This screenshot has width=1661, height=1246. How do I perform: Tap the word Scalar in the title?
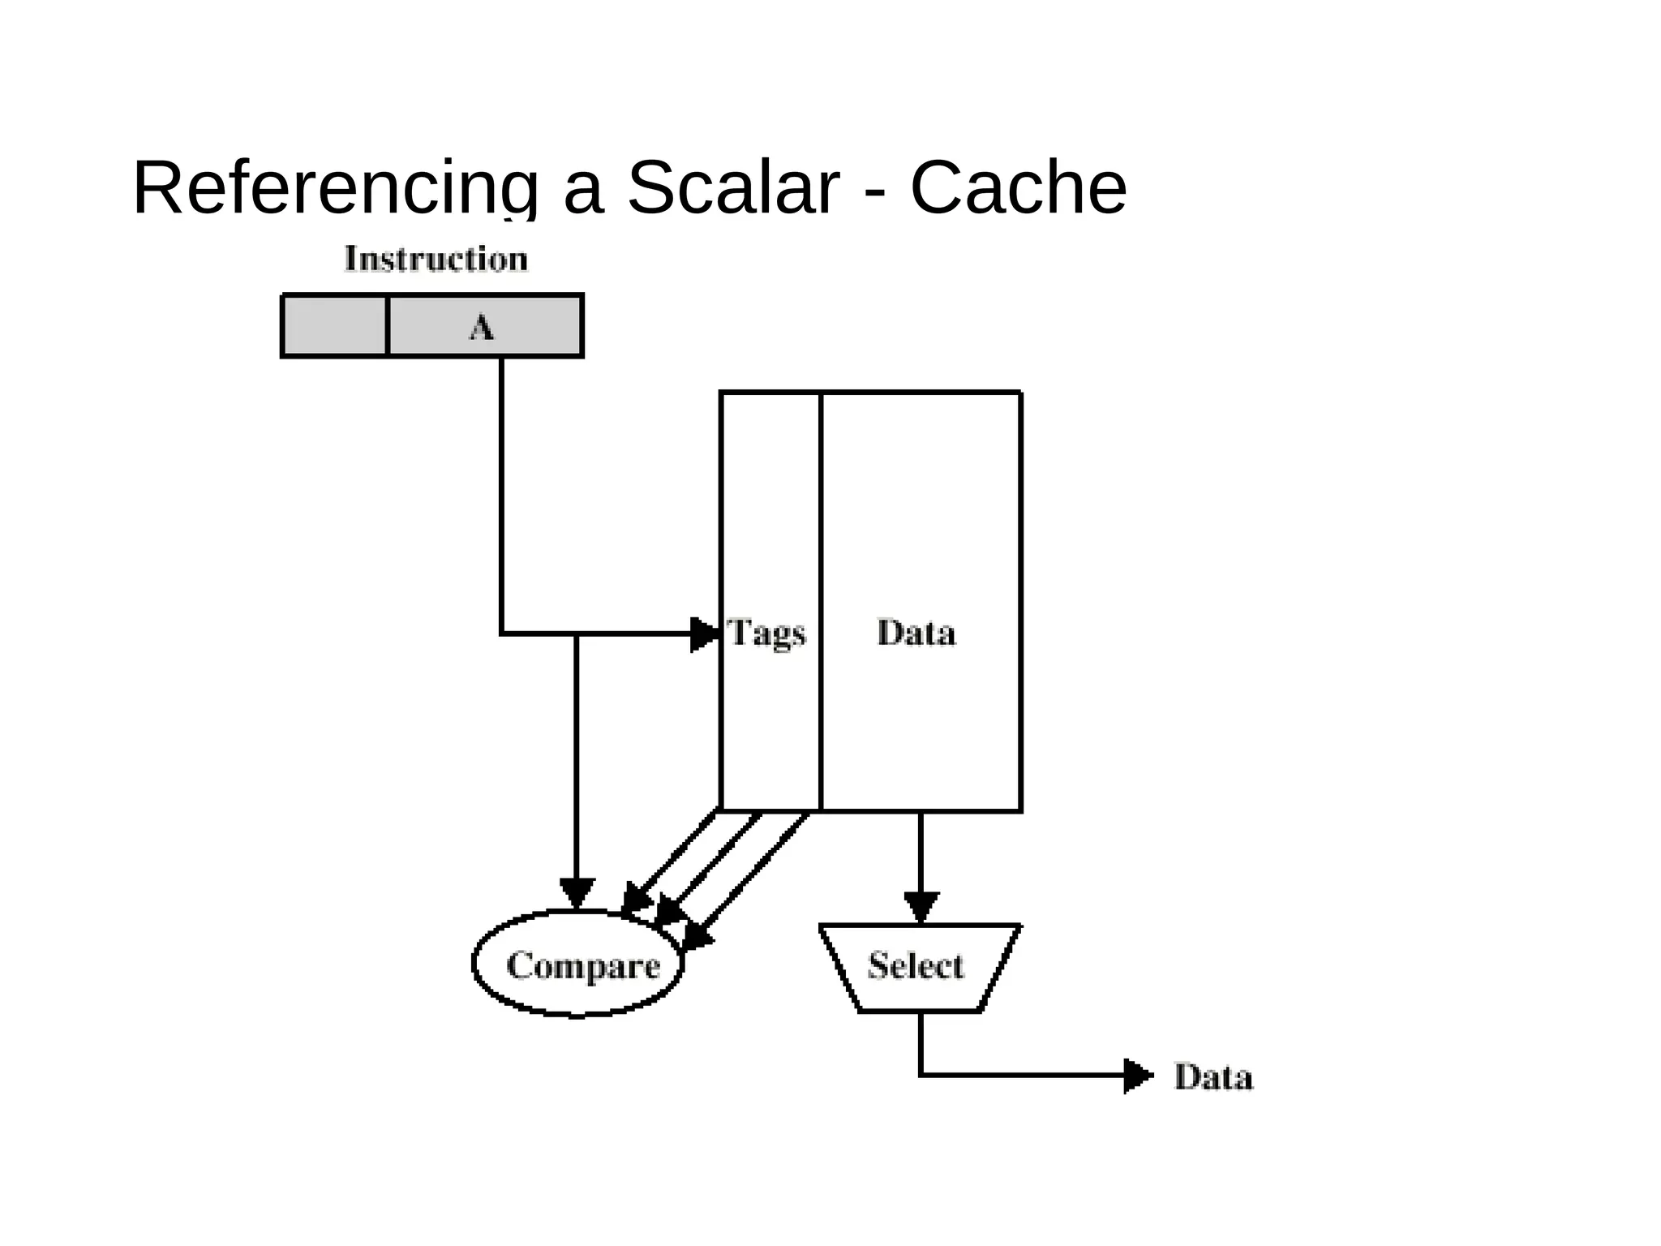[x=732, y=188]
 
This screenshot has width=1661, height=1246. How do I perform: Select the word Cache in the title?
[x=1018, y=188]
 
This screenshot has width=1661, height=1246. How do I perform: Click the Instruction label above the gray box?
[x=436, y=260]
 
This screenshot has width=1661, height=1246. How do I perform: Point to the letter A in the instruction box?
[x=481, y=328]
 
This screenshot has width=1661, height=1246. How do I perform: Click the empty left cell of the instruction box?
[x=335, y=326]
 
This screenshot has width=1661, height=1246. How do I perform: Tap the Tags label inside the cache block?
[x=767, y=633]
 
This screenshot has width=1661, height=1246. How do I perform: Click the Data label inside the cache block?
[x=916, y=633]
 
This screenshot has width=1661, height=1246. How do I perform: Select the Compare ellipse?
[x=578, y=964]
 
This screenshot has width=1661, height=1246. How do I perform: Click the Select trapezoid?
[x=917, y=966]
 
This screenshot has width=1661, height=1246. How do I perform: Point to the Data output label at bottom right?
[x=1213, y=1077]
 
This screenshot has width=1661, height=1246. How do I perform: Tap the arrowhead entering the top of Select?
[x=921, y=906]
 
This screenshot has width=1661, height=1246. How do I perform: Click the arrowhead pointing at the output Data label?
[x=1137, y=1076]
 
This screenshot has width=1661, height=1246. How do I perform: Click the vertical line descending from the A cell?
[x=501, y=487]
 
